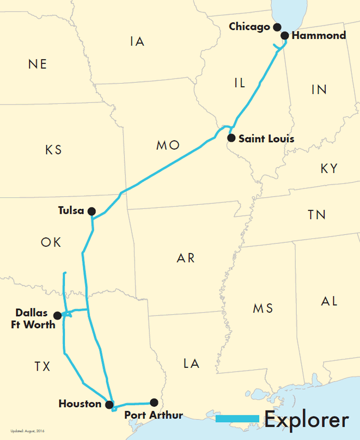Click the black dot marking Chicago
pos(276,27)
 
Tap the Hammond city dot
pos(285,35)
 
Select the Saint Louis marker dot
pos(231,138)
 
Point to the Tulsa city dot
pos(91,211)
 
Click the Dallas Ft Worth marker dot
pos(57,316)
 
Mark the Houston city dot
pos(109,405)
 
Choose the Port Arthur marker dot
pos(154,403)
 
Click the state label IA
pos(137,42)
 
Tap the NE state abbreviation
pos(38,64)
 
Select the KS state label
pos(54,150)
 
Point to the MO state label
pos(168,146)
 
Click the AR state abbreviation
pos(186,259)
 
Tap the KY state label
pos(329,169)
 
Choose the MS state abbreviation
pos(263,308)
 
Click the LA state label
pos(191,364)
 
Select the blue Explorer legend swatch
pos(237,419)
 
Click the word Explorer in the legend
pos(306,419)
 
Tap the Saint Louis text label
pos(267,139)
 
